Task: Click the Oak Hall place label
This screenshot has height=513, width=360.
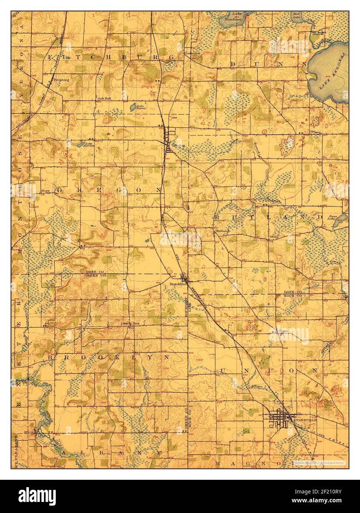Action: tap(104, 99)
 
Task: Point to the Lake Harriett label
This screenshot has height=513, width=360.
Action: tap(90, 145)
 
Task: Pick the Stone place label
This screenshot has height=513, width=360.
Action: tap(274, 237)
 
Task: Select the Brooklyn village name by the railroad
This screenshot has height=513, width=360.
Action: tap(176, 284)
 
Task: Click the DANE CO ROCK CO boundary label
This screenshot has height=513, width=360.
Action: tap(294, 294)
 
